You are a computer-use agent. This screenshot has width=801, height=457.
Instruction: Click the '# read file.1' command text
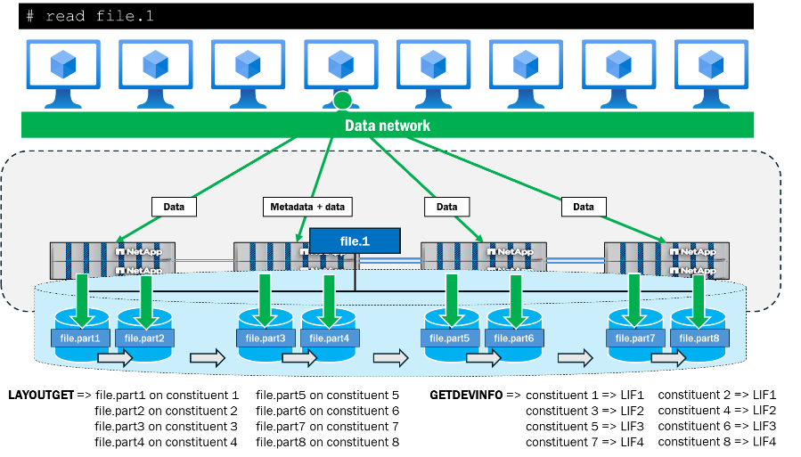click(90, 16)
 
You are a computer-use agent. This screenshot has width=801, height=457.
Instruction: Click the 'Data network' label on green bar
click(388, 126)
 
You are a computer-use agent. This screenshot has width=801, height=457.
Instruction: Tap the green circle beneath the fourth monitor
click(342, 101)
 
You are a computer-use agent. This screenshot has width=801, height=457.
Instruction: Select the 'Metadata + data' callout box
click(307, 207)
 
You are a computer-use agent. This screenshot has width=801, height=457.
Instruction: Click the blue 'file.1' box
click(355, 241)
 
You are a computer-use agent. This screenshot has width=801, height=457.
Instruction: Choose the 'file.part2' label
click(144, 339)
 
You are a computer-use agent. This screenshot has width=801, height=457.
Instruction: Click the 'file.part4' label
click(329, 339)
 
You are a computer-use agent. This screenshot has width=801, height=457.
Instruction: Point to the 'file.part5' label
click(449, 339)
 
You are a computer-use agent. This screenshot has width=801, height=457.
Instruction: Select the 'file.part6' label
click(512, 339)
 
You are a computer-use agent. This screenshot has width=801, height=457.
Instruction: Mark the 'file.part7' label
click(635, 339)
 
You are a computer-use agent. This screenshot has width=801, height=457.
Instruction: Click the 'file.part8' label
click(699, 339)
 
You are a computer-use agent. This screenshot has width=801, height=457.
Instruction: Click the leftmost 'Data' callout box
click(174, 207)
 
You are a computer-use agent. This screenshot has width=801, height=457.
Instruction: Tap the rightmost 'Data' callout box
click(584, 207)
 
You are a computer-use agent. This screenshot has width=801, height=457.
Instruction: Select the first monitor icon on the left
click(62, 64)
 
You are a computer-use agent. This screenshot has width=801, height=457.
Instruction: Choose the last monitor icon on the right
click(710, 64)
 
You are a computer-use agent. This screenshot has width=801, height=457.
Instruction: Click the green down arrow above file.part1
click(81, 298)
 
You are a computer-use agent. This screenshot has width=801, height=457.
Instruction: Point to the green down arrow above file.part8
click(699, 298)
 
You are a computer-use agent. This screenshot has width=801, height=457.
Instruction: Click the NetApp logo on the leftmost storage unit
click(139, 252)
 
